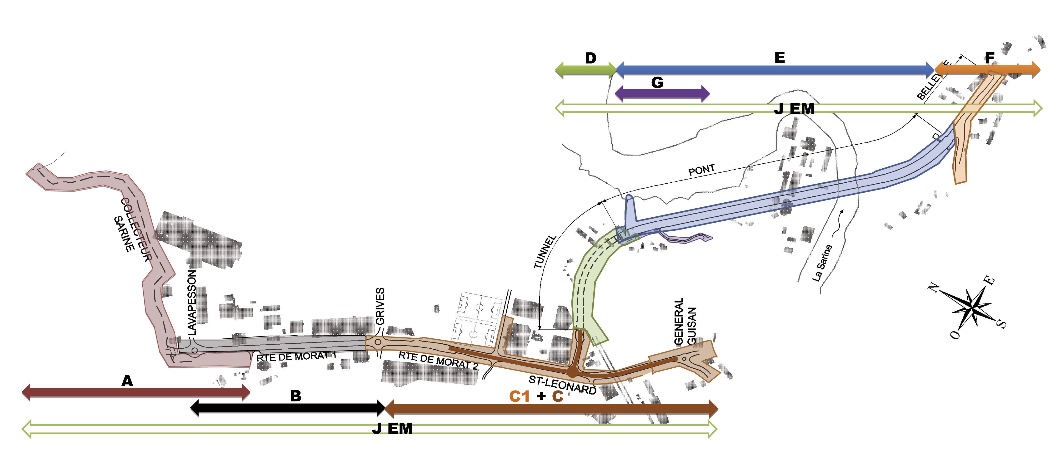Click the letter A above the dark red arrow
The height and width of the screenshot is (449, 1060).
[x=127, y=381]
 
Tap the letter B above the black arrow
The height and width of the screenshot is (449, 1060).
[x=295, y=396]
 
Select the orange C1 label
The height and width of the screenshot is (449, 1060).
[x=519, y=396]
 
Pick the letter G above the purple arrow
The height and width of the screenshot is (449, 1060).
[x=657, y=83]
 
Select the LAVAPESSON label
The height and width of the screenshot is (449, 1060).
[x=192, y=302]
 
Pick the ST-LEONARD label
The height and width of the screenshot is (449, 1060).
[x=562, y=385]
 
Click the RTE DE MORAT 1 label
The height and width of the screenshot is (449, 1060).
[x=296, y=356]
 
